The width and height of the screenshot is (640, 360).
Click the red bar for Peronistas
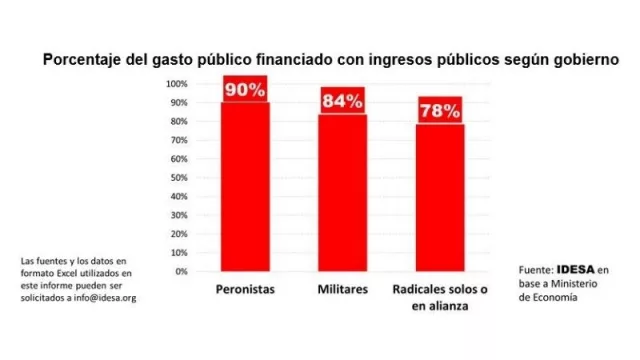(244, 185)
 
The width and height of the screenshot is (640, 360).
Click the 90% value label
(244, 89)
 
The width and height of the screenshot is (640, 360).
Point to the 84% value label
(342, 100)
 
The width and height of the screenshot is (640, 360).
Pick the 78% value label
(439, 111)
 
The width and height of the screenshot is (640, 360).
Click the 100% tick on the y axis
(176, 83)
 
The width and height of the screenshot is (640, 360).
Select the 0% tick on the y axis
(180, 271)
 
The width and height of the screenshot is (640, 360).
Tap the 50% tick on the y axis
(178, 177)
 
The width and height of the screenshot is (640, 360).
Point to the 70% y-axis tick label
(178, 139)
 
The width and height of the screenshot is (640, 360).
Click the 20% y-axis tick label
(178, 233)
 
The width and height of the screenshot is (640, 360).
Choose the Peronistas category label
(245, 290)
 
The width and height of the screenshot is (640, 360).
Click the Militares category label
(342, 290)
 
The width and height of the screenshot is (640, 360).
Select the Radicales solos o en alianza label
(439, 298)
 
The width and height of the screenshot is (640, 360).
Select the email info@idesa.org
(103, 298)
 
